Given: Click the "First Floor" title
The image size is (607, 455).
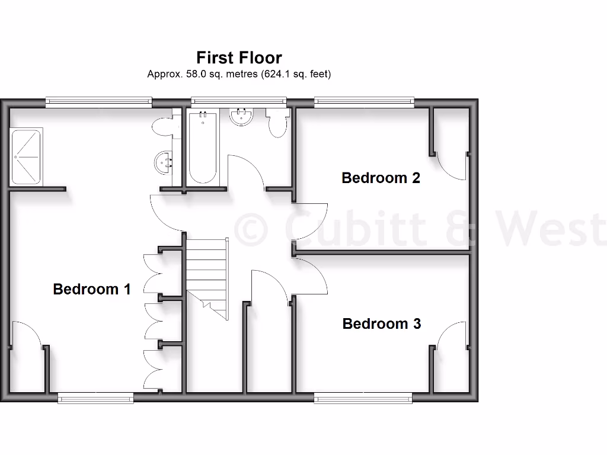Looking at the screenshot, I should pos(239,57).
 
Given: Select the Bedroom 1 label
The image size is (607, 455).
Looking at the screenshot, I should pos(91,289).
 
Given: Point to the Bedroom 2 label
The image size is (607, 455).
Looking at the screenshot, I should pos(381,178).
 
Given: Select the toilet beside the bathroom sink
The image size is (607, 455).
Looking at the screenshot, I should pos(277,123).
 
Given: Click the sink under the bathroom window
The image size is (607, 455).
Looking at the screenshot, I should pos(241,117).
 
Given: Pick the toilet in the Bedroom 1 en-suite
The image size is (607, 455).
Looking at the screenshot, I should pos(162,126).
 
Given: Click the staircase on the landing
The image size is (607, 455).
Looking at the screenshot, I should pos(207,273).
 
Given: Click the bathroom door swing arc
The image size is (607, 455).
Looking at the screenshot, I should pos(246,172).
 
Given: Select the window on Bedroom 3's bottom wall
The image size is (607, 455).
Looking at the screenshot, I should pos(363,399).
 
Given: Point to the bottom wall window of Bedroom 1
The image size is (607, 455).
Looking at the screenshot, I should pos(95,399).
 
